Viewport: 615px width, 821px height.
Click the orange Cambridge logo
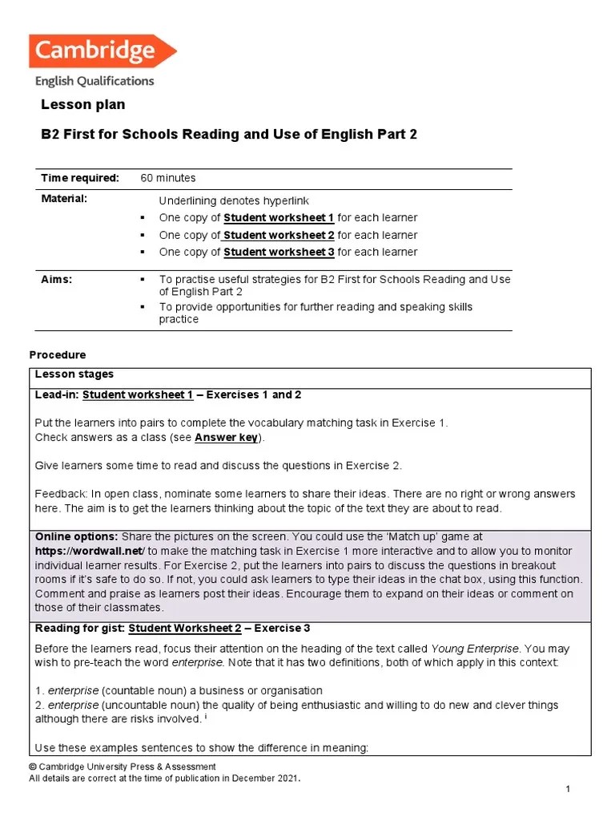click(x=102, y=51)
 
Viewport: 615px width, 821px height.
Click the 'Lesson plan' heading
click(x=83, y=105)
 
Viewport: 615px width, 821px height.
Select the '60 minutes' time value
click(x=168, y=178)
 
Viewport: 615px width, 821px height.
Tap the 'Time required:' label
click(x=80, y=178)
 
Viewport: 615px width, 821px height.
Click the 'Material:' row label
click(x=64, y=198)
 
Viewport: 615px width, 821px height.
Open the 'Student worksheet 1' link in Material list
click(x=279, y=218)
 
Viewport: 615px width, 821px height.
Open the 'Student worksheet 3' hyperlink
click(x=279, y=252)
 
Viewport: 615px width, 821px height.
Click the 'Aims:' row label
click(x=57, y=279)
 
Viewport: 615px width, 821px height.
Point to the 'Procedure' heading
click(x=58, y=355)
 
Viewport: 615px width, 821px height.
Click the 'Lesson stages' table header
click(x=74, y=374)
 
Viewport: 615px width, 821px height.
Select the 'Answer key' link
click(x=227, y=438)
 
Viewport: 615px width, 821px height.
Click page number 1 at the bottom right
click(x=567, y=791)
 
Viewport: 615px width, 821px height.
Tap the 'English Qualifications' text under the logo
click(x=94, y=81)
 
